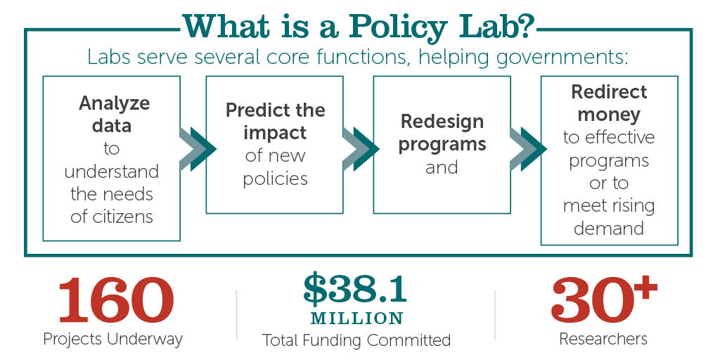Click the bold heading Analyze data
click(x=113, y=115)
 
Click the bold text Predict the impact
click(x=275, y=122)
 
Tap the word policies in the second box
click(x=275, y=179)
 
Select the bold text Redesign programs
click(x=442, y=132)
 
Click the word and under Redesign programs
click(x=442, y=167)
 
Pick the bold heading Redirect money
click(x=609, y=103)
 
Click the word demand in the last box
click(x=609, y=229)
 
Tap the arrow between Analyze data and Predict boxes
click(x=197, y=149)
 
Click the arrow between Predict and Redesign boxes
click(x=360, y=149)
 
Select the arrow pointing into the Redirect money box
click(x=527, y=149)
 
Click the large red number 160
click(x=114, y=300)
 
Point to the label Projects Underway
click(x=112, y=339)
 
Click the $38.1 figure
click(x=356, y=287)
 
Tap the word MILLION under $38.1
click(x=356, y=318)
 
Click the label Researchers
click(x=603, y=339)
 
